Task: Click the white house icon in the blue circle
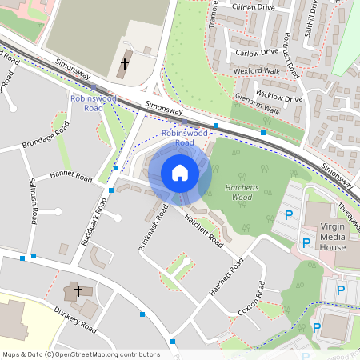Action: [x=180, y=173]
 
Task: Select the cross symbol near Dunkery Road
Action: [x=78, y=291]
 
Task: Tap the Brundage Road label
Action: [x=46, y=138]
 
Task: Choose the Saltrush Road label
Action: [x=33, y=201]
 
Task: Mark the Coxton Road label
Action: [x=250, y=300]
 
